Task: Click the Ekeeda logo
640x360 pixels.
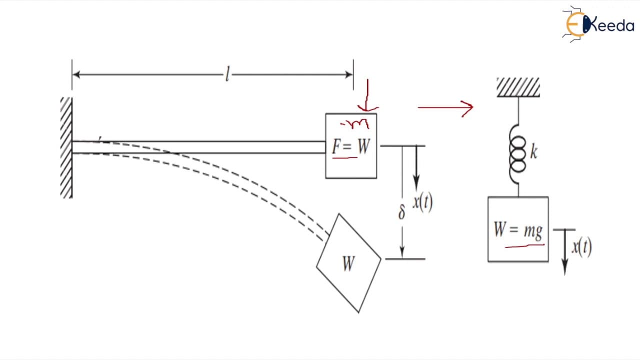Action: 599,24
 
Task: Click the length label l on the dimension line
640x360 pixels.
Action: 227,74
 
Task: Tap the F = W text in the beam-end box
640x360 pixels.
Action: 351,146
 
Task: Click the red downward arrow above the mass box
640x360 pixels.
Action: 367,95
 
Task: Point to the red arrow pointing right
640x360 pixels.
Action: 445,107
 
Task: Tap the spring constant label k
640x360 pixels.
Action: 533,151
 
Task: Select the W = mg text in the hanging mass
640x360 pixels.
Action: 518,230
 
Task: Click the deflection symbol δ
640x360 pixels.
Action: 401,212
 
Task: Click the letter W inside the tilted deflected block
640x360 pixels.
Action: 349,263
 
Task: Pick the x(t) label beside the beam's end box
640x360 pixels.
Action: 423,202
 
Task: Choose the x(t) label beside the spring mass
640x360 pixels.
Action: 581,247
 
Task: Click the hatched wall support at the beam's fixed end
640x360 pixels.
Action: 66,147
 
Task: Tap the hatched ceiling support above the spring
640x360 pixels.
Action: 518,87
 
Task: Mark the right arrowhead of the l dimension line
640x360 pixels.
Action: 348,74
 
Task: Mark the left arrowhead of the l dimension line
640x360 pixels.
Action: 76,74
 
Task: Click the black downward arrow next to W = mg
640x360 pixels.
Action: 565,252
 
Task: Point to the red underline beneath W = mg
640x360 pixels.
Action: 524,245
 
